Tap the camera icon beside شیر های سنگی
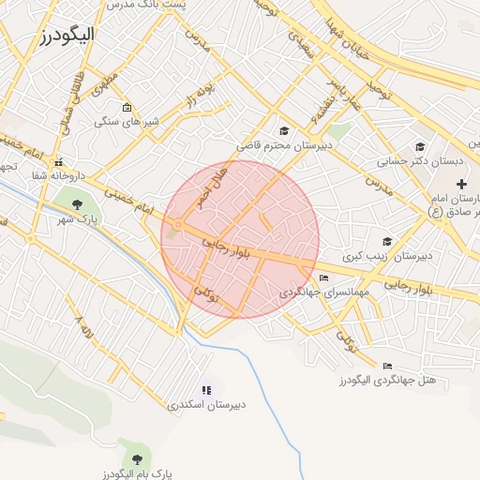coord(127,108)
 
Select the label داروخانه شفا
coord(58,174)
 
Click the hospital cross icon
coord(460,184)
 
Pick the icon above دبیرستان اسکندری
coord(206,390)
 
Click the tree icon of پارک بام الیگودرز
coord(138,458)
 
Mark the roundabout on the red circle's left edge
coord(178,225)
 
